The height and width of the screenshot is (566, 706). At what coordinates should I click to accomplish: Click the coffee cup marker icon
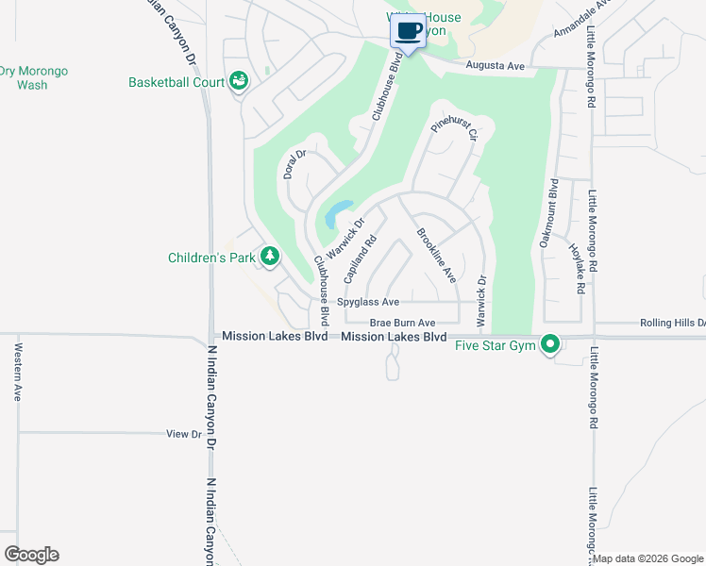(408, 31)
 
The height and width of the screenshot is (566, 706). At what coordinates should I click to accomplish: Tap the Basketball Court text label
(177, 82)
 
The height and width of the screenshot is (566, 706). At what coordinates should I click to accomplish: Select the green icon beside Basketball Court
(240, 82)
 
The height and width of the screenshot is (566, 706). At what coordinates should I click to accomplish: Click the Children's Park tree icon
(270, 257)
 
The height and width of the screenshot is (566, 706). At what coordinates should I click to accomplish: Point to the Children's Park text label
(213, 257)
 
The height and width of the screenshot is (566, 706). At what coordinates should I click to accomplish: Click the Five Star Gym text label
(496, 346)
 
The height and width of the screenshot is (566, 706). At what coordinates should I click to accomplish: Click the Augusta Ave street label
(496, 66)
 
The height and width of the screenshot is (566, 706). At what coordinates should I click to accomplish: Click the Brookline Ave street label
(436, 255)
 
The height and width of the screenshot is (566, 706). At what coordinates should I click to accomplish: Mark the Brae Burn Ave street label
(402, 323)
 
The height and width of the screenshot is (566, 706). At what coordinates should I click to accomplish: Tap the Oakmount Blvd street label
(548, 214)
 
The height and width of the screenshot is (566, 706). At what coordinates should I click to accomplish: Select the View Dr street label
(184, 434)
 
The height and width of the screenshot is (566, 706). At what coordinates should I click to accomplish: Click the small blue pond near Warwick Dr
(338, 213)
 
